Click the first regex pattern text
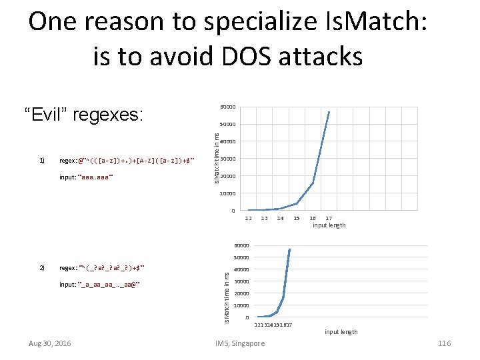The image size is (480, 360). tap(127, 161)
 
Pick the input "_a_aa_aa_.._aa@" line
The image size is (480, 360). tap(100, 285)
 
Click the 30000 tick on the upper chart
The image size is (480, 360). tap(227, 159)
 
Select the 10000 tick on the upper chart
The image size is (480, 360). tap(227, 194)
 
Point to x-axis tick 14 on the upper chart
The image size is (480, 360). tap(281, 218)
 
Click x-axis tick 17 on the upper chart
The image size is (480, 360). tap(329, 218)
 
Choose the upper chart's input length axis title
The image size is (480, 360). tap(329, 225)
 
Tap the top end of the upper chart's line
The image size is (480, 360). tap(329, 111)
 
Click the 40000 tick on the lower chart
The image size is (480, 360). tap(241, 270)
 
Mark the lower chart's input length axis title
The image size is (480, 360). tap(341, 331)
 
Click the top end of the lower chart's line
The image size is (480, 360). tap(289, 249)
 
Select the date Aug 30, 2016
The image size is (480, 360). tap(50, 343)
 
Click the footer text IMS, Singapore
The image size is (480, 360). tap(240, 343)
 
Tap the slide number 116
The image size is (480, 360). tap(445, 343)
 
